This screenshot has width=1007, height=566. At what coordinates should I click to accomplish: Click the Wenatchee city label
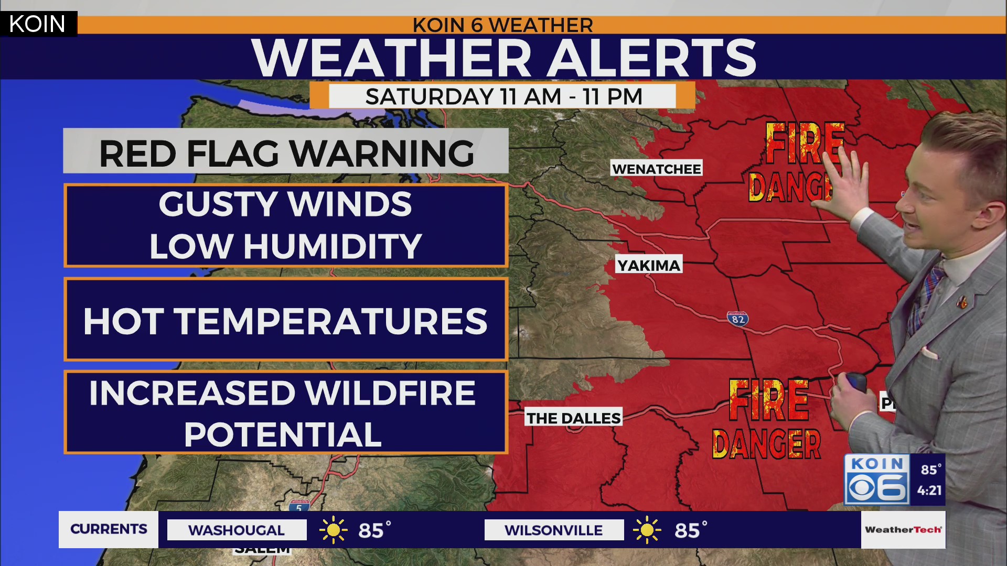657,169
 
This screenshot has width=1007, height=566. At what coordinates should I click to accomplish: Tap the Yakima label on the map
649,265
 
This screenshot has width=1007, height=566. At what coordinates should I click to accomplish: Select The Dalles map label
573,418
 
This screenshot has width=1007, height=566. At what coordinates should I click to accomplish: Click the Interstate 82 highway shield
737,319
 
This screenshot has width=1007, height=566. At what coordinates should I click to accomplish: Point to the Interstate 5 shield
299,506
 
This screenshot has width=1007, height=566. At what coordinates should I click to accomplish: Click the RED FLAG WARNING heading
286,153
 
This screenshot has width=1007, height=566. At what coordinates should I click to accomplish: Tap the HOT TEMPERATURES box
286,320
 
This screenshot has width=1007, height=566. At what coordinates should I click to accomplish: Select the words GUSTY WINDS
285,204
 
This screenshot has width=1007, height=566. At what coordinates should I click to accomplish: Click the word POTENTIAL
283,434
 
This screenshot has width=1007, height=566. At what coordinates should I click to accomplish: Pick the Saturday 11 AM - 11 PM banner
502,96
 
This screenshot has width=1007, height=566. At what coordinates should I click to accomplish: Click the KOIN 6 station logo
877,480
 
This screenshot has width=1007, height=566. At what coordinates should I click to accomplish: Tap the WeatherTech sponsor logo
903,529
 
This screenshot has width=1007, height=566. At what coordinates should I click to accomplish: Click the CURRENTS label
109,529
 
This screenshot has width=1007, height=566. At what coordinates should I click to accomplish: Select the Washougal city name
237,530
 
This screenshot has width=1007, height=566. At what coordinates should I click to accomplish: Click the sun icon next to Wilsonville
647,530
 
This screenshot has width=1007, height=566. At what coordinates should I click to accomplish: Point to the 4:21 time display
929,491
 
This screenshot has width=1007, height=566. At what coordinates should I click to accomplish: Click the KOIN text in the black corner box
37,24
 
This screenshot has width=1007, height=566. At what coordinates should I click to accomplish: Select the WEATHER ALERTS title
504,58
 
